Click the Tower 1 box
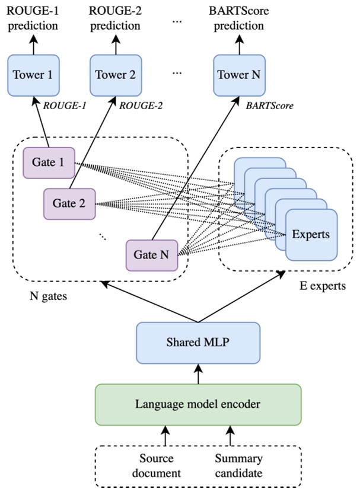point(33,75)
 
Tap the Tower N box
point(240,75)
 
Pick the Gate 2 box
point(69,203)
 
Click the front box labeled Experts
point(311,234)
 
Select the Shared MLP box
point(198,342)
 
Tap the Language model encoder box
point(197,405)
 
